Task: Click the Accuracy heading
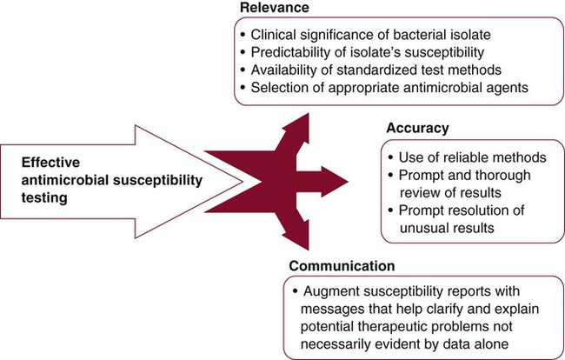(418, 128)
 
